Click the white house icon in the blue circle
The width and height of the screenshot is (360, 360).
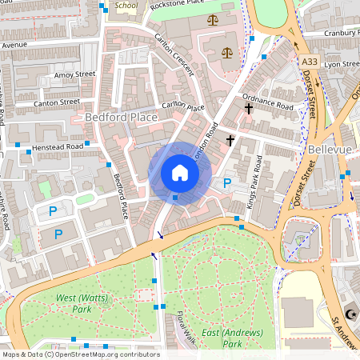pos(179,173)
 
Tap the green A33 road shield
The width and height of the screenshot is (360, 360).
pos(311,61)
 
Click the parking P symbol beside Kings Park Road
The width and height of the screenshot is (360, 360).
pos(227,183)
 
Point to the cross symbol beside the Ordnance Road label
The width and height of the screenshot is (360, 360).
pos(249,107)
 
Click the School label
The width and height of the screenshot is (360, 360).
pos(126,6)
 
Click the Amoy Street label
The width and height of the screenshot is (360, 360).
pos(74,74)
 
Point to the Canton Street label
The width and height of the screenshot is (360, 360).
pos(57,102)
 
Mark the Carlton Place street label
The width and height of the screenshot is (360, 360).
pos(183,107)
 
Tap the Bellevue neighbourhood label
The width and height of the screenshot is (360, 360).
pos(330,150)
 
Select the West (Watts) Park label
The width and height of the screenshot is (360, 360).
pos(74,303)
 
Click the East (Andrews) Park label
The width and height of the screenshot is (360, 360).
pos(222,338)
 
